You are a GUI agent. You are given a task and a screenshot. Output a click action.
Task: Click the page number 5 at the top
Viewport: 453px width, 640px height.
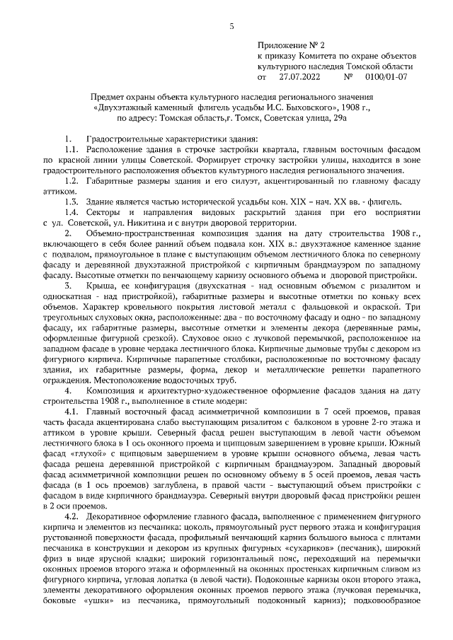tap(231, 26)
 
